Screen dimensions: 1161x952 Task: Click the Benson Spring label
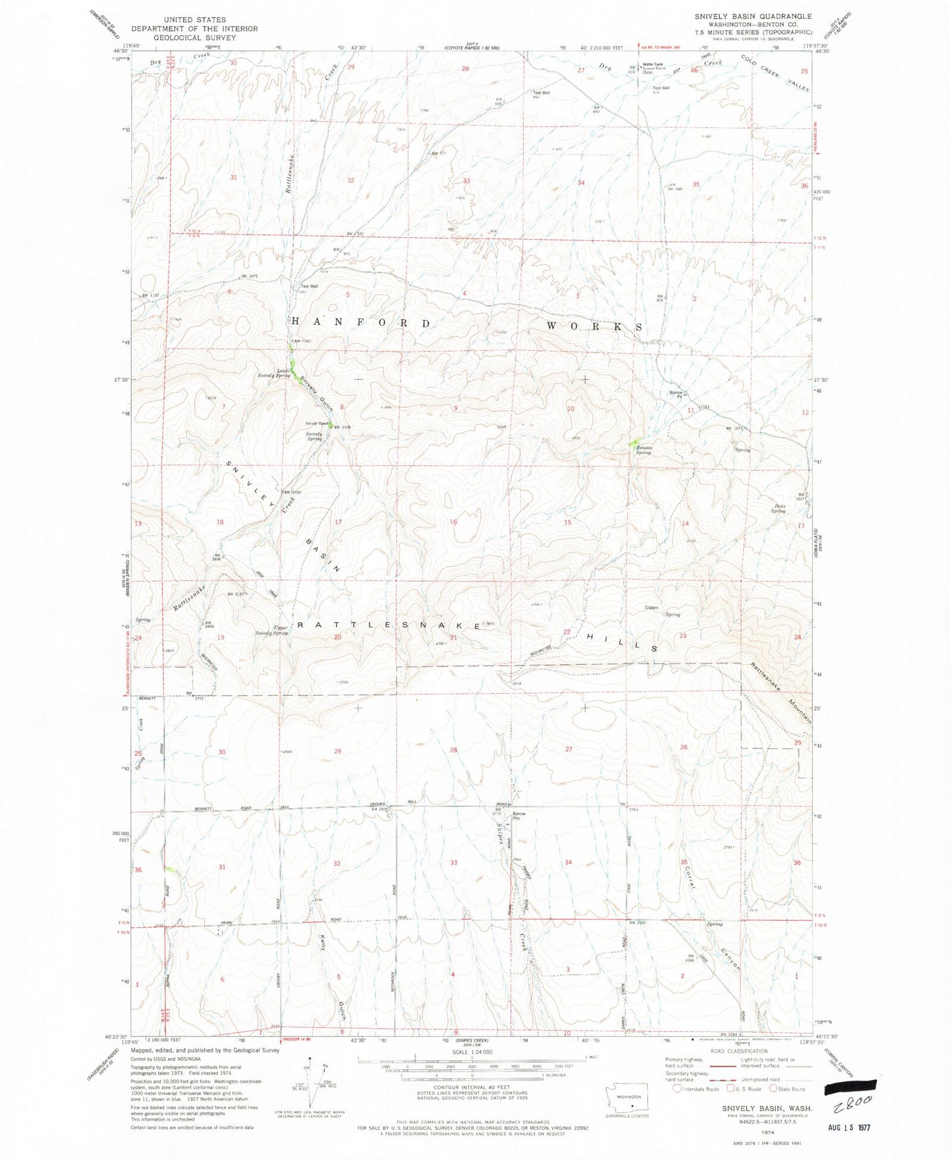[x=643, y=450]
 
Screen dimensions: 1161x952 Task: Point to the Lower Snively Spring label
[x=274, y=372]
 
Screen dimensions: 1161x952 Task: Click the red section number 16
[x=453, y=522]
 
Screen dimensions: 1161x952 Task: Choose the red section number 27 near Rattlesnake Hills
[x=569, y=749]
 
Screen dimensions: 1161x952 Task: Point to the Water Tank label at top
[x=653, y=65]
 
